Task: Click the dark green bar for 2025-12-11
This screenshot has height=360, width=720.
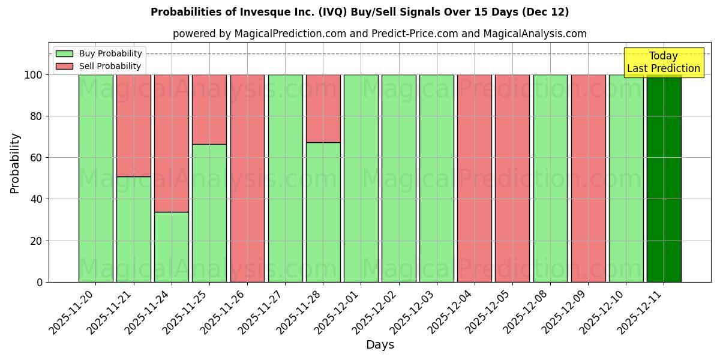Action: [x=664, y=178]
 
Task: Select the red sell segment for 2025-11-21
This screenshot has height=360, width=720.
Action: [x=134, y=125]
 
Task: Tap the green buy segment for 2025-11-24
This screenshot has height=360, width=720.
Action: [x=172, y=247]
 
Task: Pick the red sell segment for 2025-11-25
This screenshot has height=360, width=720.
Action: [x=209, y=109]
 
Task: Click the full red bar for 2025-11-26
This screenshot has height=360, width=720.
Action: [x=247, y=178]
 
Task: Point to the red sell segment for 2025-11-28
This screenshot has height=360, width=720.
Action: [x=323, y=109]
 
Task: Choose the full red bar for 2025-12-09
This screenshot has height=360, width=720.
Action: [x=588, y=178]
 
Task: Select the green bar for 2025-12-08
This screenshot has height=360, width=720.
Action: [x=550, y=178]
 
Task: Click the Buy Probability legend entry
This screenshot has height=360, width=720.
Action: [x=99, y=53]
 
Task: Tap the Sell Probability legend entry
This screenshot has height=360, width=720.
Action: [x=99, y=66]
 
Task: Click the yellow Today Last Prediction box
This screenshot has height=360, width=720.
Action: [x=664, y=62]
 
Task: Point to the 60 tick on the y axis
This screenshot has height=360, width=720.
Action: [x=38, y=158]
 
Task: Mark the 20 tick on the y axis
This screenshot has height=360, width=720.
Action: [x=38, y=241]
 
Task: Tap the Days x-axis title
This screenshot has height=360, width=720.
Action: [x=380, y=345]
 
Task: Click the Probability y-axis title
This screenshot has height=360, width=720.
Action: [x=15, y=163]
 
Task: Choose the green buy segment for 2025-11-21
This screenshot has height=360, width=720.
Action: [x=134, y=229]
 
